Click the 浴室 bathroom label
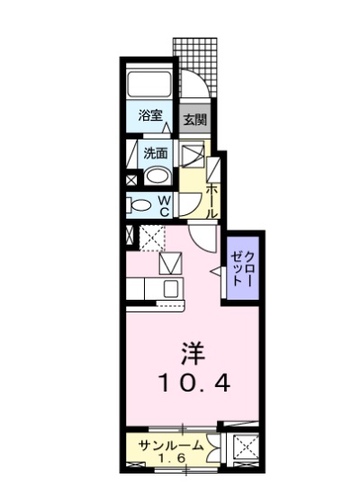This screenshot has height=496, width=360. pyautogui.click(x=150, y=115)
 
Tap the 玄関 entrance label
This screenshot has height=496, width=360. pyautogui.click(x=195, y=119)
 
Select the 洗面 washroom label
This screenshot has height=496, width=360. pyautogui.click(x=156, y=153)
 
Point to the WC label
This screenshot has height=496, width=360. pyautogui.click(x=164, y=206)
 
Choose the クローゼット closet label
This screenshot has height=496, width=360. pyautogui.click(x=243, y=269)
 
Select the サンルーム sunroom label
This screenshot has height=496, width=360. pyautogui.click(x=171, y=446)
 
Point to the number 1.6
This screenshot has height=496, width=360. pyautogui.click(x=171, y=458)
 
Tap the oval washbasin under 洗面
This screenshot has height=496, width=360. pyautogui.click(x=157, y=176)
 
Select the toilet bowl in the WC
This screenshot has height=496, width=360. pyautogui.click(x=140, y=205)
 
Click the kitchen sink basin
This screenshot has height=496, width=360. pyautogui.click(x=171, y=288)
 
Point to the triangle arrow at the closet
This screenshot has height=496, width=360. pyautogui.click(x=217, y=272)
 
